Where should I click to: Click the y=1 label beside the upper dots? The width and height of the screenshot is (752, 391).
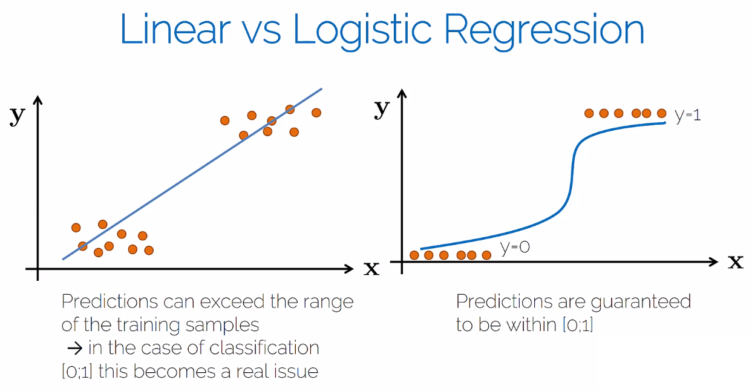click(688, 115)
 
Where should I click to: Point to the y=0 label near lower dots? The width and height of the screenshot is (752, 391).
click(515, 247)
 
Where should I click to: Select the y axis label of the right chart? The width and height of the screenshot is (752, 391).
click(382, 109)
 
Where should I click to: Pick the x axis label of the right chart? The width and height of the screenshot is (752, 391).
click(735, 261)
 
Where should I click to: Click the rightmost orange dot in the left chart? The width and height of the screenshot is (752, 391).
click(316, 113)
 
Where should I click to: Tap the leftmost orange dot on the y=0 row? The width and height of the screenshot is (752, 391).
click(414, 255)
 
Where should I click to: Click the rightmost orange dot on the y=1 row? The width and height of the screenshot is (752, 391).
click(661, 113)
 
